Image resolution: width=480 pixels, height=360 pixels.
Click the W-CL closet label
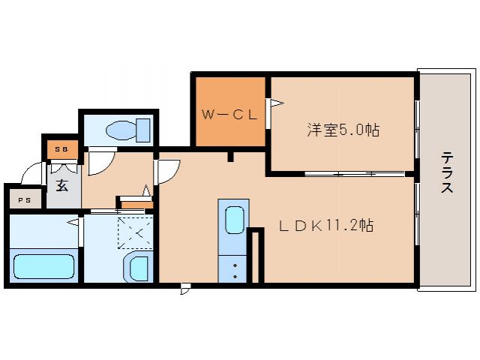click(x=229, y=115)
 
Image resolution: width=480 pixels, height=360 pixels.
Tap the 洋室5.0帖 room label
click(x=343, y=130)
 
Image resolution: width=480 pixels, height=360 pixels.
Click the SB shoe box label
click(x=61, y=150)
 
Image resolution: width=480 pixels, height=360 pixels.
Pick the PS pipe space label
click(x=25, y=199)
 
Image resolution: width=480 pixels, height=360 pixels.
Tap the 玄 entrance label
click(x=63, y=184)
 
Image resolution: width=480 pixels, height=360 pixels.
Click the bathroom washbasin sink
click(x=138, y=265)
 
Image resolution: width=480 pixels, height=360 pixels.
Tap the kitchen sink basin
click(x=234, y=220)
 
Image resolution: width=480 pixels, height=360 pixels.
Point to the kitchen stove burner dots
click(x=235, y=271)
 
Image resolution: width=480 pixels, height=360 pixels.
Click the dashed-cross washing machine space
click(x=135, y=232)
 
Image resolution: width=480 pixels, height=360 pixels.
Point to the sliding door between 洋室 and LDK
click(x=352, y=174)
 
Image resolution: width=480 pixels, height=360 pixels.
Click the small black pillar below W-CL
click(x=231, y=157)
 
